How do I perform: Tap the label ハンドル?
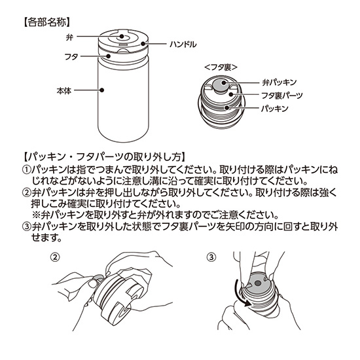click(173, 45)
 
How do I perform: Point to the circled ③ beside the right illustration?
click(211, 257)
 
